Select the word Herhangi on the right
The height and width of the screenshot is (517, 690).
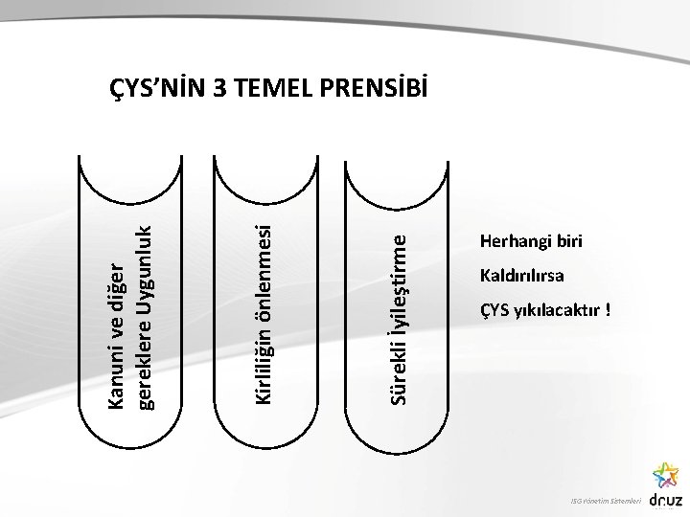510,240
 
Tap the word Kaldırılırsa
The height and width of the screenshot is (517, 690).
521,277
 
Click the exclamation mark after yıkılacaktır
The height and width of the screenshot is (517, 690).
609,312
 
